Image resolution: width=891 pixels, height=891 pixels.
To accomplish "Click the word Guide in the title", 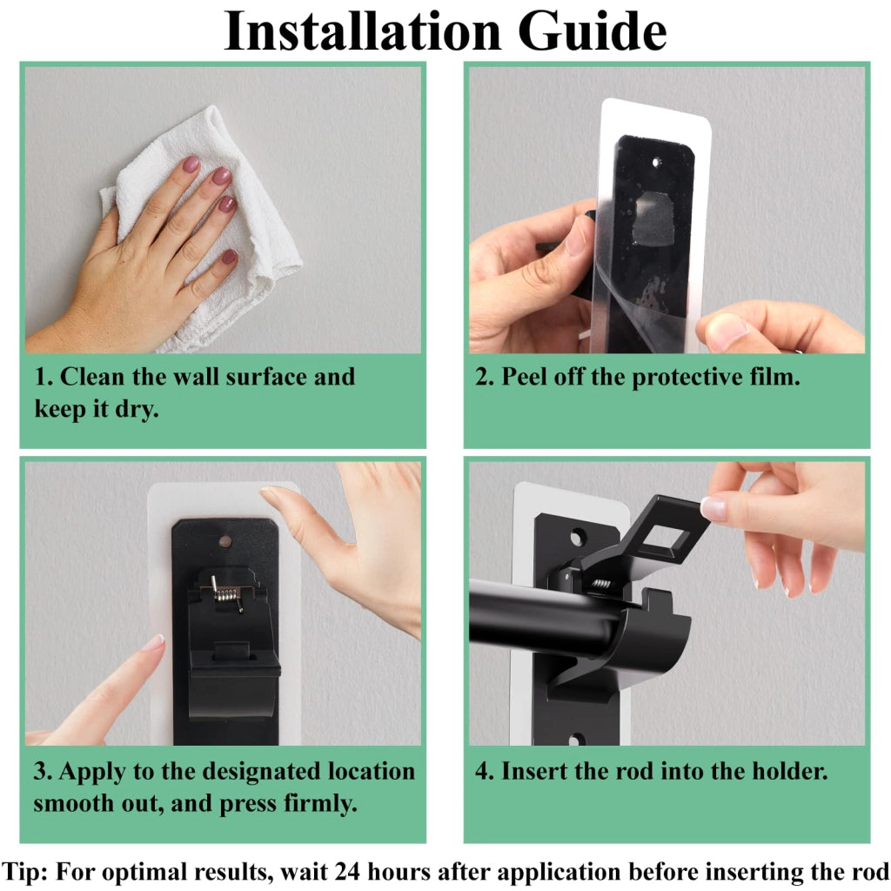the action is coord(592,32).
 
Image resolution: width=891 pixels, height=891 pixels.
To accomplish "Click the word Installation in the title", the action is coord(362,31).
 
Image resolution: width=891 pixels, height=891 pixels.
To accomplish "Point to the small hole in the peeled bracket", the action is coord(656,163).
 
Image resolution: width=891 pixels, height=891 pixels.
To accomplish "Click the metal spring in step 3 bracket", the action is coord(226,594).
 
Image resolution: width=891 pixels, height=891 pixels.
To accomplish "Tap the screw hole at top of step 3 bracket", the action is coord(225,541).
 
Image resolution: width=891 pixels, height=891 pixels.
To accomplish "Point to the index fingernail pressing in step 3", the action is coord(153,643).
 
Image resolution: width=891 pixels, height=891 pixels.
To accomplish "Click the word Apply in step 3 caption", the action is coord(92,773).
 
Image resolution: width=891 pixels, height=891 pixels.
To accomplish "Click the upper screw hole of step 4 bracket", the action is coord(578,537).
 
